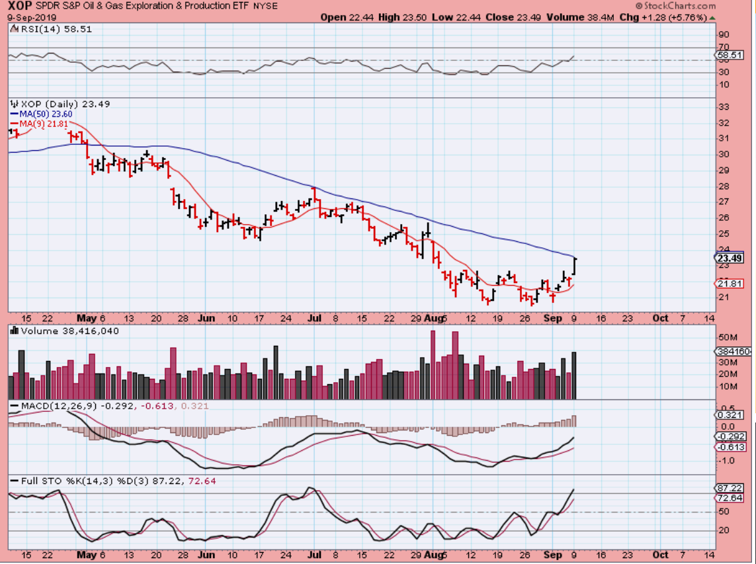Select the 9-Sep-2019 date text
pyautogui.click(x=21, y=17)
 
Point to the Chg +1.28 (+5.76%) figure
pyautogui.click(x=668, y=17)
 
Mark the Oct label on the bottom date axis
pyautogui.click(x=659, y=555)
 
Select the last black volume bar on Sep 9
pyautogui.click(x=573, y=375)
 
